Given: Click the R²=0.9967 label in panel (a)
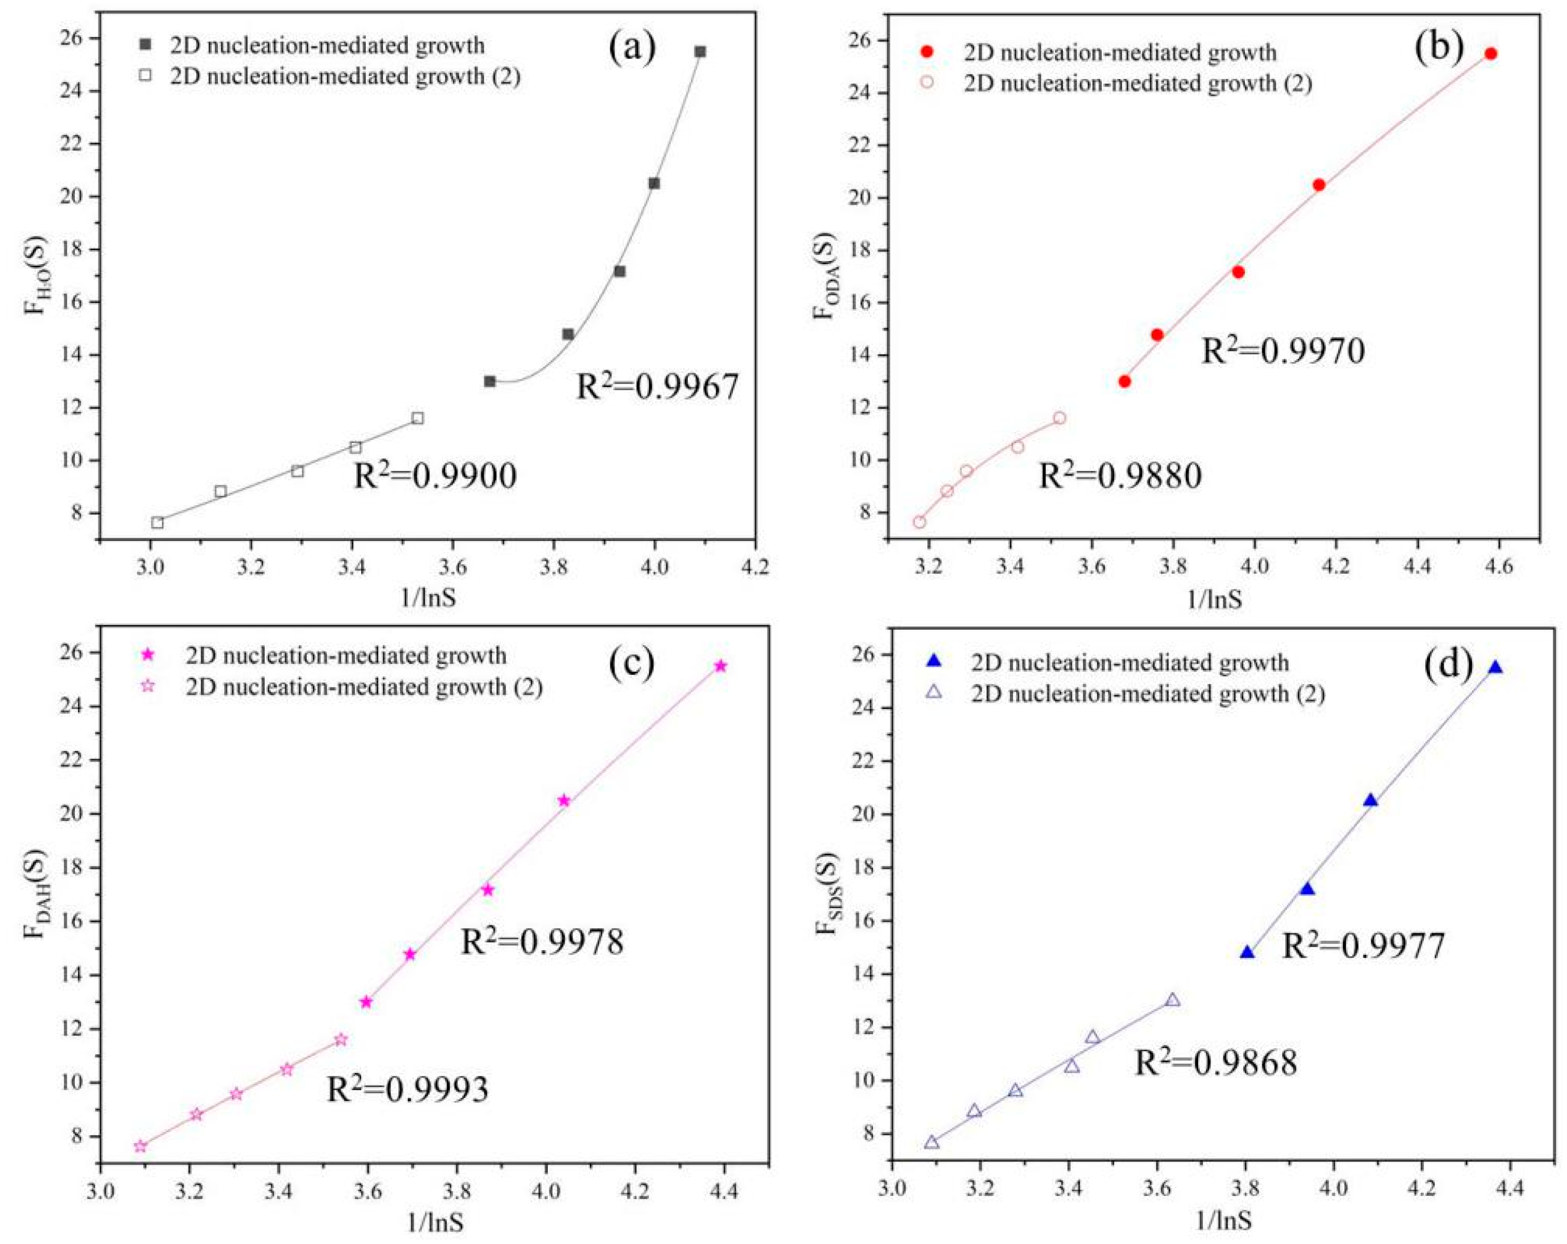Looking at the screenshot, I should (x=657, y=387).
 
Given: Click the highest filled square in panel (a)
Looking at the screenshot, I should (x=700, y=52).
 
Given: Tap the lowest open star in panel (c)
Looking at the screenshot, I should (x=140, y=1147).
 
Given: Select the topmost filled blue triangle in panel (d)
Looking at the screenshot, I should (x=1496, y=668).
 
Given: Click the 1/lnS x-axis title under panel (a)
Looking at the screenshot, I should (x=428, y=598).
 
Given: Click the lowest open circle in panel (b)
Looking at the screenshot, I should (x=919, y=521).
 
